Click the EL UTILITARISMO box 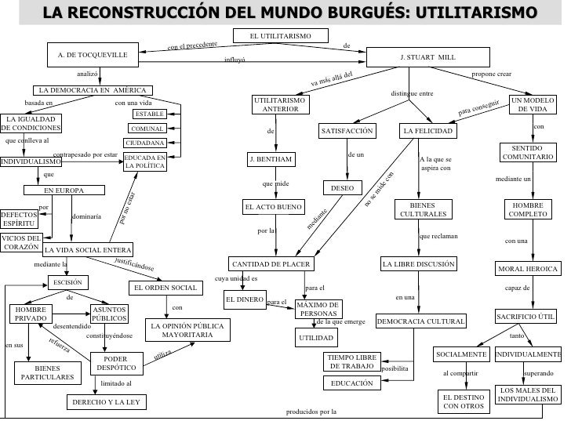click(281, 36)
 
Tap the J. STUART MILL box click(427, 57)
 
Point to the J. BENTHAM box click(271, 160)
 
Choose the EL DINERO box click(243, 299)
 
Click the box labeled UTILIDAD click(316, 338)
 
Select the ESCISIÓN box click(68, 282)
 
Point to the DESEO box click(342, 188)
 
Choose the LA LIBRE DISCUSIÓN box click(418, 264)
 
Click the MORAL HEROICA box click(528, 270)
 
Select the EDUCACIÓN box click(347, 383)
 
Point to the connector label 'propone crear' click(491, 74)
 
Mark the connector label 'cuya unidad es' click(235, 280)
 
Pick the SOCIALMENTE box click(461, 354)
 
